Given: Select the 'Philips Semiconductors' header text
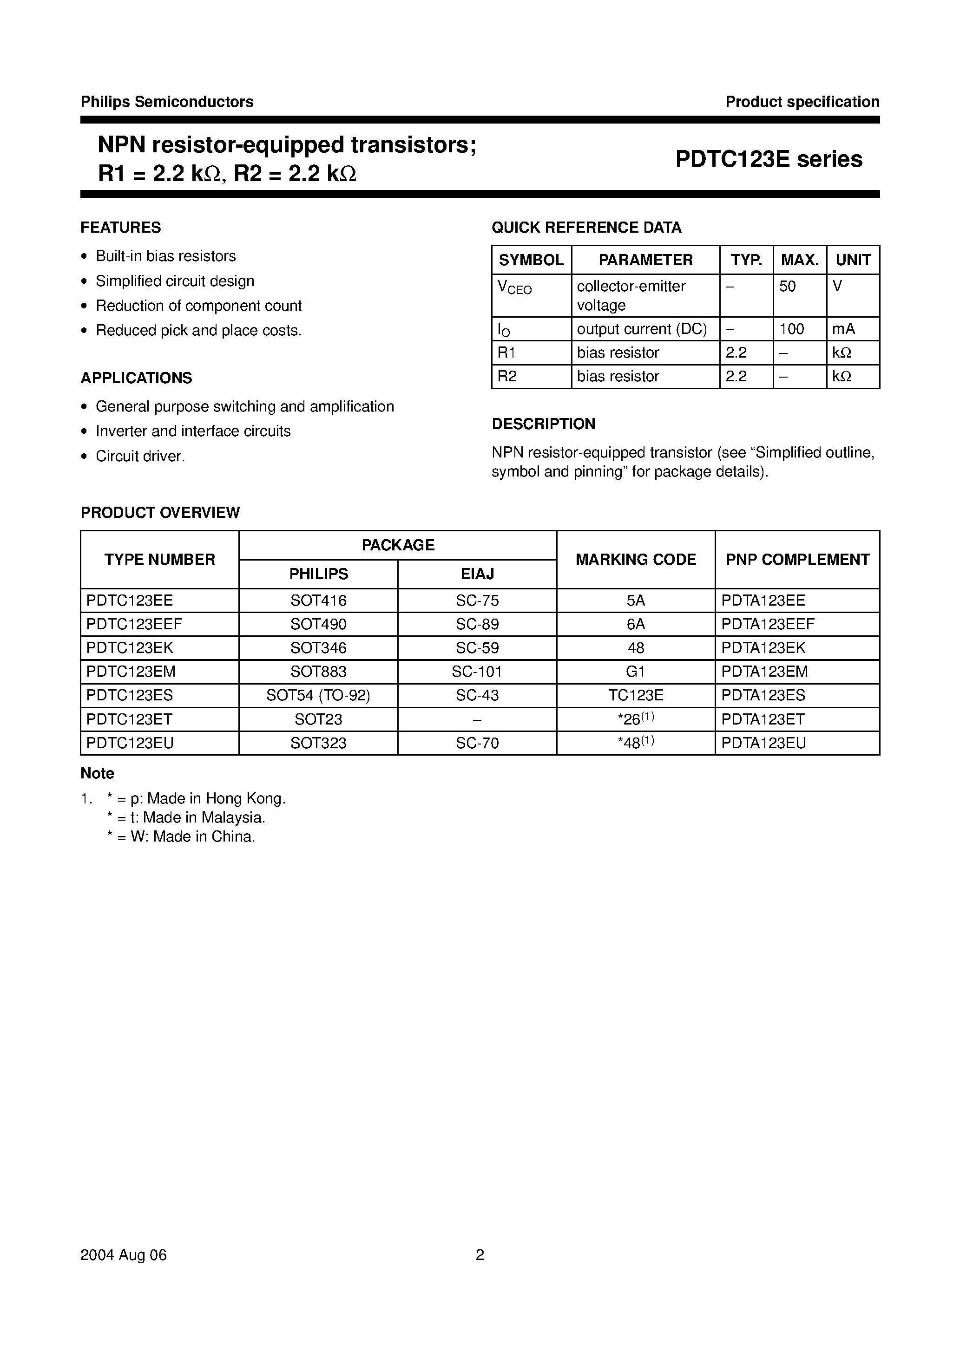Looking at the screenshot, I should click(167, 102).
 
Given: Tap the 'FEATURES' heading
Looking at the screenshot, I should click(121, 228).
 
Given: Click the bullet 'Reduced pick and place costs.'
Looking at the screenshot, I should click(198, 331).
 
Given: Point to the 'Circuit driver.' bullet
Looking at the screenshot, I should click(140, 457).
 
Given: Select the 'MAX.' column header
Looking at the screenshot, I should click(800, 260).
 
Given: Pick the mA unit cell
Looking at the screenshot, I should click(843, 329).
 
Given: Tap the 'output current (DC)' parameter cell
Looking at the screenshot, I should click(642, 329).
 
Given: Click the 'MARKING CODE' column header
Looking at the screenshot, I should click(636, 560).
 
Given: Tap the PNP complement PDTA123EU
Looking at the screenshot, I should click(763, 744).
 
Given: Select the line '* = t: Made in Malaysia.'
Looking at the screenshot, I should click(186, 818).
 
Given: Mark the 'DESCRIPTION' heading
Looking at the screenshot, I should click(543, 424).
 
